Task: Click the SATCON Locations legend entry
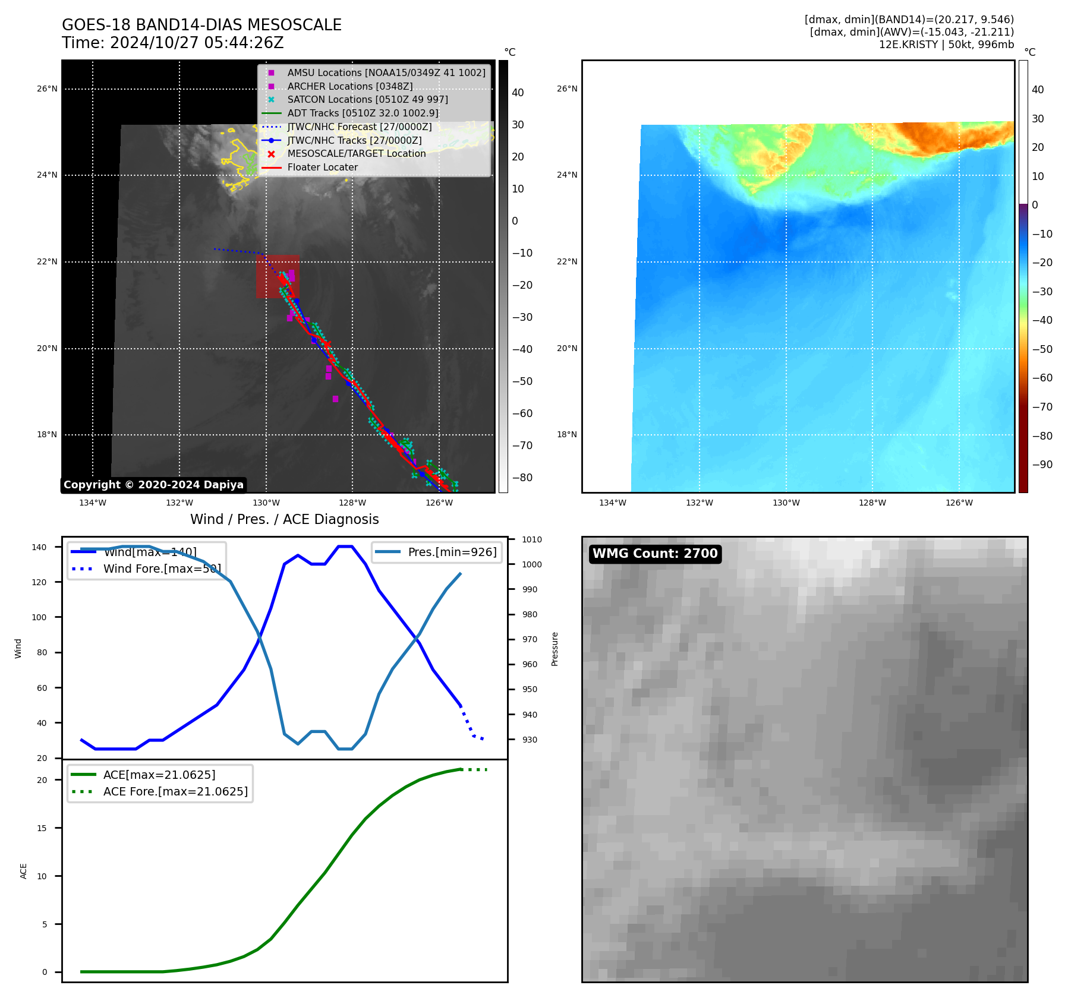click(367, 100)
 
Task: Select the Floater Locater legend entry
click(322, 168)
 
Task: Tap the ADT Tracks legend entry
click(363, 113)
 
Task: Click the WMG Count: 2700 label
click(655, 554)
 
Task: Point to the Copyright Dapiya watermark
click(153, 485)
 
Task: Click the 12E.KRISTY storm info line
click(946, 45)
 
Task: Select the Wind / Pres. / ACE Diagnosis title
click(284, 519)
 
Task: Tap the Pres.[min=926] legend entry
click(452, 552)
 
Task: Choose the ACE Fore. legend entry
click(175, 791)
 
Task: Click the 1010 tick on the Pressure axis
click(532, 540)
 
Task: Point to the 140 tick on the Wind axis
click(39, 547)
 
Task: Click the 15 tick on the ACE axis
click(42, 828)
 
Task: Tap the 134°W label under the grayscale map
click(93, 503)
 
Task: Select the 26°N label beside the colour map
click(566, 89)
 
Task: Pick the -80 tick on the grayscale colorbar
click(522, 478)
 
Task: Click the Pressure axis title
click(555, 649)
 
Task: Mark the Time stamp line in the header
click(172, 43)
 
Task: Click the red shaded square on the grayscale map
click(278, 277)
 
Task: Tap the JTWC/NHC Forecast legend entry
click(359, 127)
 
